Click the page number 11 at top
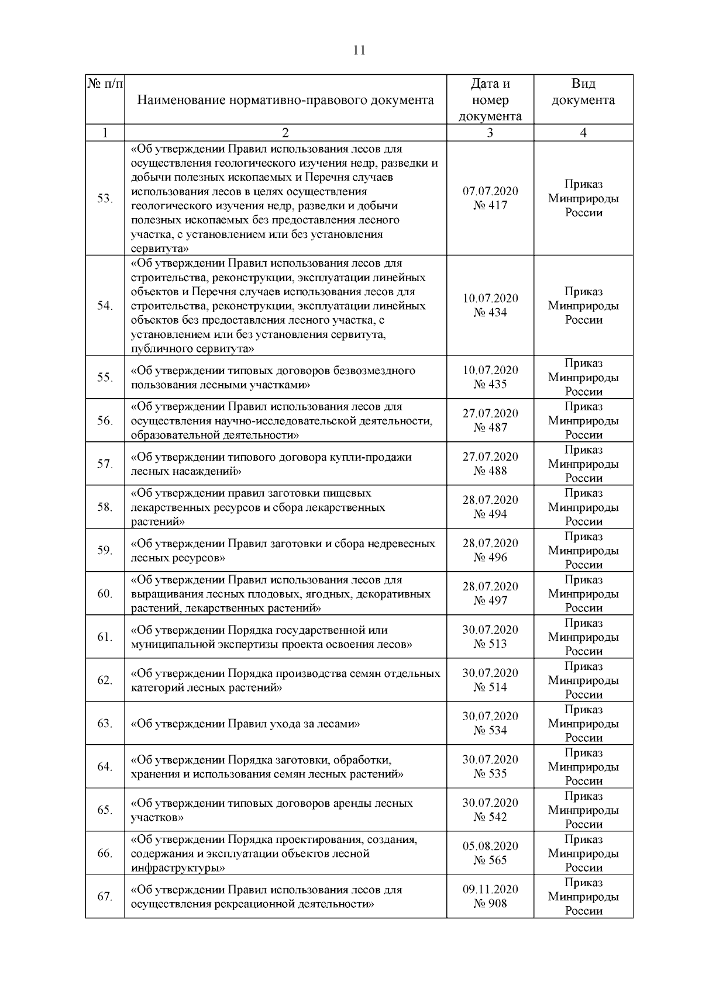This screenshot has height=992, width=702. (x=359, y=50)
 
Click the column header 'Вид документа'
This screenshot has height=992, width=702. (x=583, y=92)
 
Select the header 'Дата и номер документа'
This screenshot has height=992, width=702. (x=490, y=100)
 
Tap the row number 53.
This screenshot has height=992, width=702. (x=105, y=199)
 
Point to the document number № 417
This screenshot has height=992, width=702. (x=490, y=206)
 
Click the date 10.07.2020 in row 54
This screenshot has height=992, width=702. (x=490, y=299)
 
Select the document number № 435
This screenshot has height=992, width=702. (x=490, y=385)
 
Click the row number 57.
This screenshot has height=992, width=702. (x=105, y=464)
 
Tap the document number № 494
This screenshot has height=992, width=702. (x=490, y=514)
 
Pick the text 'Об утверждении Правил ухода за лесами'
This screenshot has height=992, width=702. (x=245, y=724)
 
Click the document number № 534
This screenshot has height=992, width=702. (x=490, y=731)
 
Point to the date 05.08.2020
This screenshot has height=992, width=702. (x=490, y=846)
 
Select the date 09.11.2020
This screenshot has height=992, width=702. (x=490, y=890)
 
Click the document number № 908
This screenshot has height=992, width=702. (x=490, y=904)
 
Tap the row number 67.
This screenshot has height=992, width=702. (x=105, y=897)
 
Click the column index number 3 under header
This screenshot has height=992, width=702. (x=490, y=133)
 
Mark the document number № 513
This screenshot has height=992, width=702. (x=490, y=644)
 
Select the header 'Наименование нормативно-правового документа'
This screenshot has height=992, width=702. (x=285, y=100)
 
